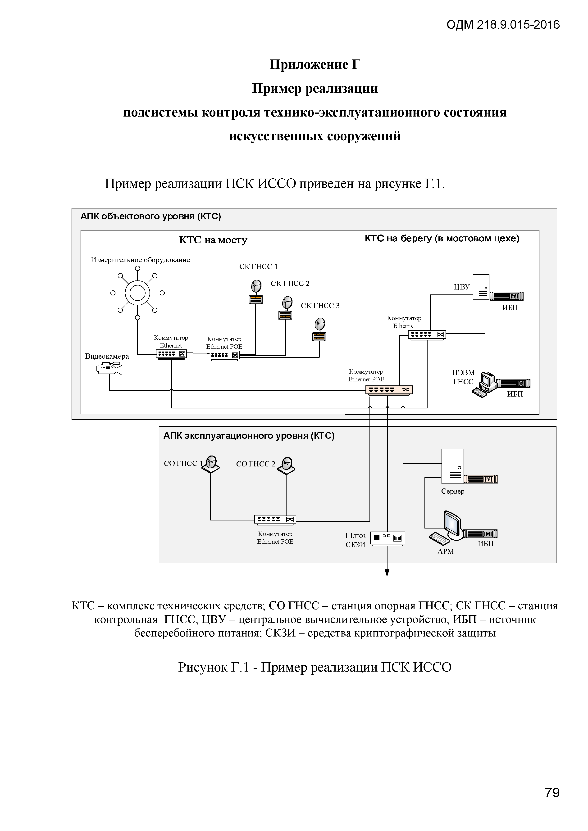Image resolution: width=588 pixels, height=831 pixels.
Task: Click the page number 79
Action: (x=552, y=792)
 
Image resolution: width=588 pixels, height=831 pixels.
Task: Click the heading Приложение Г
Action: (x=315, y=64)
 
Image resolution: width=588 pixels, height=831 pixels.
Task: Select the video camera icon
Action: (x=109, y=368)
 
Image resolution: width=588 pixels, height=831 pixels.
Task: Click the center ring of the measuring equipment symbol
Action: (x=137, y=293)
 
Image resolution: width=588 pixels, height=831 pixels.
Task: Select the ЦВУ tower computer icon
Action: (x=481, y=287)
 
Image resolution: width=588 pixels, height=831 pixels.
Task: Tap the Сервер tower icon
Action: (x=453, y=466)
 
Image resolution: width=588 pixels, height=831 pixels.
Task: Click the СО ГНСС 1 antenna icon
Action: (x=211, y=464)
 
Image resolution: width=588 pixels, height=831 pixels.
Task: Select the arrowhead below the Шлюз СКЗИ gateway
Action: (x=387, y=572)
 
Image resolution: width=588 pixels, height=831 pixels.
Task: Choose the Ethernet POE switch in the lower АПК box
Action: (x=275, y=519)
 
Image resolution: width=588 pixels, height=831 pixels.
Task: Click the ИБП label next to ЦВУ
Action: (x=510, y=308)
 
